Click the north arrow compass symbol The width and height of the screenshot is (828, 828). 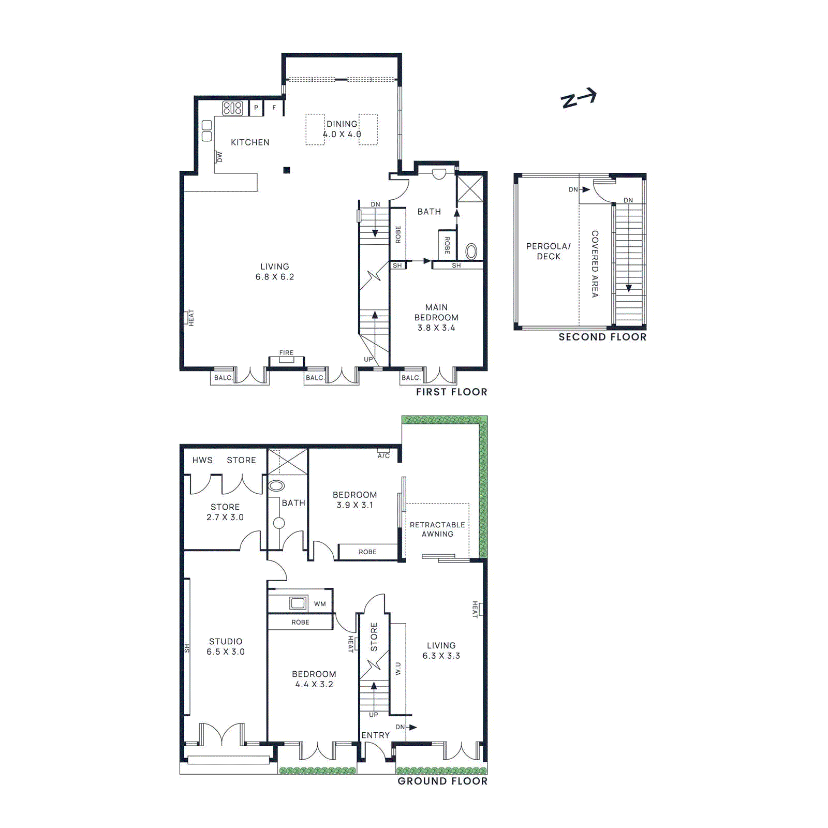pos(579,98)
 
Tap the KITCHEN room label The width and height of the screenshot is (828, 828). pos(250,142)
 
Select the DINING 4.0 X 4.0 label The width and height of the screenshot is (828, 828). pos(342,129)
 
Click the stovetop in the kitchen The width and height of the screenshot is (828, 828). pos(232,108)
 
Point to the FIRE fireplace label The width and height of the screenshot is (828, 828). pos(286,353)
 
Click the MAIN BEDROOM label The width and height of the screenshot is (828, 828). pos(436,317)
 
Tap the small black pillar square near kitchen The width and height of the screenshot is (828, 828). pos(287,170)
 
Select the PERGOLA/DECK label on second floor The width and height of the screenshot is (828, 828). pos(549,251)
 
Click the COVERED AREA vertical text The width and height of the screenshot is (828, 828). pos(595,264)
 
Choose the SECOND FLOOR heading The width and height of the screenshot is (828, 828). pos(602,337)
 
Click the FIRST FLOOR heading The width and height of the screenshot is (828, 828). pos(451,392)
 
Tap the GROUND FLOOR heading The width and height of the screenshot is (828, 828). pos(442,781)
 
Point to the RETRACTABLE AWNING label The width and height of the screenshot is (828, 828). pos(437,529)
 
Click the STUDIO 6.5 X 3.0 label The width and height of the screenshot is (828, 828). pos(226,646)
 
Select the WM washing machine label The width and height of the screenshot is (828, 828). pos(320,604)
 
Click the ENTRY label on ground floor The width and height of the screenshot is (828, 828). pos(375,735)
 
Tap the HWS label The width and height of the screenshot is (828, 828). pos(202,460)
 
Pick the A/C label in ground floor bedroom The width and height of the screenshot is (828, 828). pos(383,456)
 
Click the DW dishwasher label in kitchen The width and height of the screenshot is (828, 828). pos(219,157)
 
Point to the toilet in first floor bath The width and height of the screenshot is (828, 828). pos(471,252)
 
